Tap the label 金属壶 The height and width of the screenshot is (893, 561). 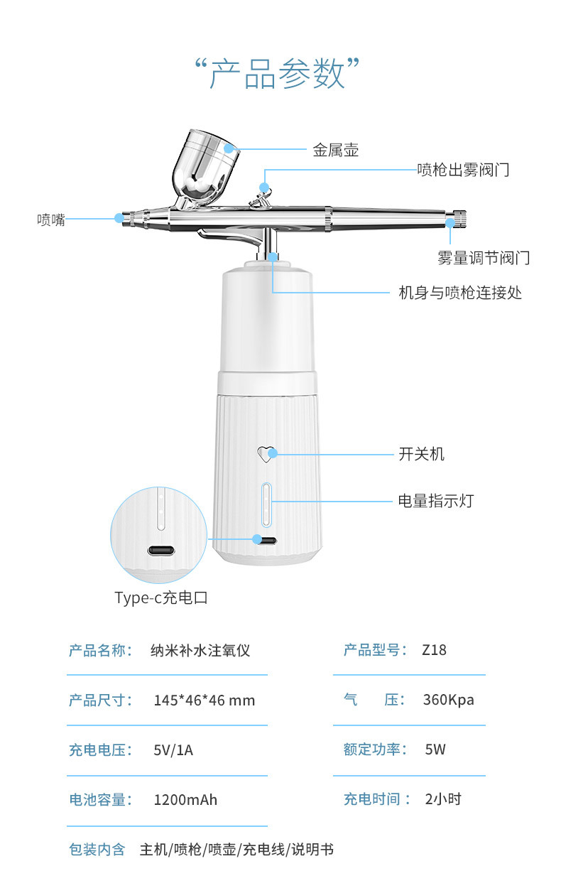335,150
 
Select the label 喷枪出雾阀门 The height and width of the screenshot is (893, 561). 462,170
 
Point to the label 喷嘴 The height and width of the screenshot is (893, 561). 51,220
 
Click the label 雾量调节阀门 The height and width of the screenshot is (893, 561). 483,257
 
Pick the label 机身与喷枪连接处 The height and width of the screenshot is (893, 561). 460,293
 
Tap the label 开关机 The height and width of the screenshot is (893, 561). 421,454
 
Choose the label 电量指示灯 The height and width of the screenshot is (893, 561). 435,501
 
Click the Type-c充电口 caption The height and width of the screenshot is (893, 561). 161,597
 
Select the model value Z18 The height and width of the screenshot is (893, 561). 434,649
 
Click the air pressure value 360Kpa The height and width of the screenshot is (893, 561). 448,699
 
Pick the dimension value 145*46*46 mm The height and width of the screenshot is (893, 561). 204,700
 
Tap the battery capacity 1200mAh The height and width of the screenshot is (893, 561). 185,800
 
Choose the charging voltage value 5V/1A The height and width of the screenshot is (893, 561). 173,749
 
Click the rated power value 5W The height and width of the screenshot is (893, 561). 435,749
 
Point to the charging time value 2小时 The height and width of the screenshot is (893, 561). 443,799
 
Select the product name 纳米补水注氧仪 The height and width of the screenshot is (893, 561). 200,650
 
